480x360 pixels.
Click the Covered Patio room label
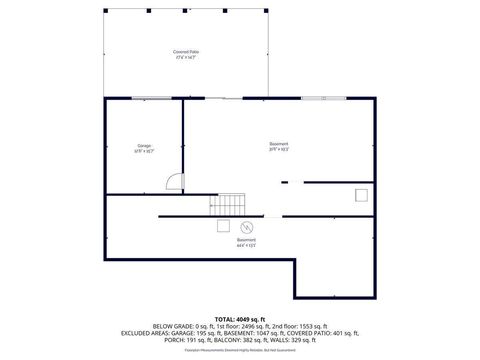tap(185, 54)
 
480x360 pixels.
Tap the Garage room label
tap(144, 149)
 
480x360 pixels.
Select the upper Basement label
tap(279, 146)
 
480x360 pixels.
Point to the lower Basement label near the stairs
tap(245, 242)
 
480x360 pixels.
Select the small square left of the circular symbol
tap(225, 226)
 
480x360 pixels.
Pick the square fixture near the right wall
tap(361, 196)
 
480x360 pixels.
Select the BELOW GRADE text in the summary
tap(176, 327)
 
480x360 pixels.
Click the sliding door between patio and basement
tap(226, 98)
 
